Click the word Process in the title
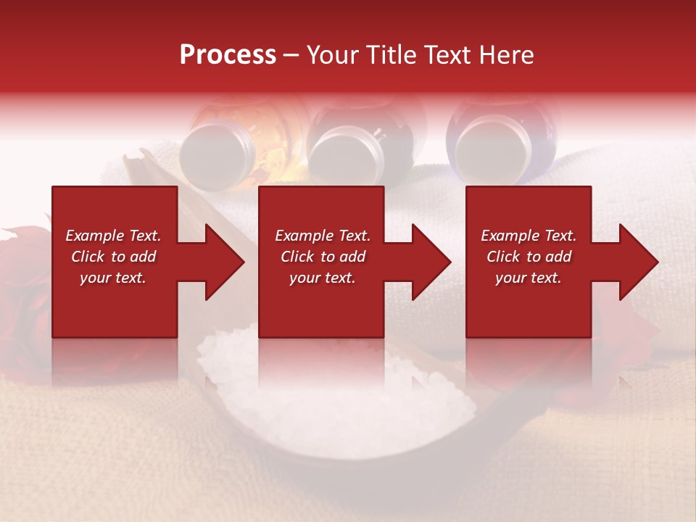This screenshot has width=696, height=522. coord(228,55)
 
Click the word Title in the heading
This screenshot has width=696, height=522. coord(391,55)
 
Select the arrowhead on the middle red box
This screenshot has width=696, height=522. coord(430,262)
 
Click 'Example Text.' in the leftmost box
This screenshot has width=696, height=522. coord(113,236)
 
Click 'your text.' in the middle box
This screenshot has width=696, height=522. coord(322,278)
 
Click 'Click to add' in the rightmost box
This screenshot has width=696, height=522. coord(529,257)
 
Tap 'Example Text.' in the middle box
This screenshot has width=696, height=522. coord(322,236)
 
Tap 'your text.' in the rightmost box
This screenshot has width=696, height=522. coord(529,278)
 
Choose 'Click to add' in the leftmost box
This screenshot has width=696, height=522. coord(113,257)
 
